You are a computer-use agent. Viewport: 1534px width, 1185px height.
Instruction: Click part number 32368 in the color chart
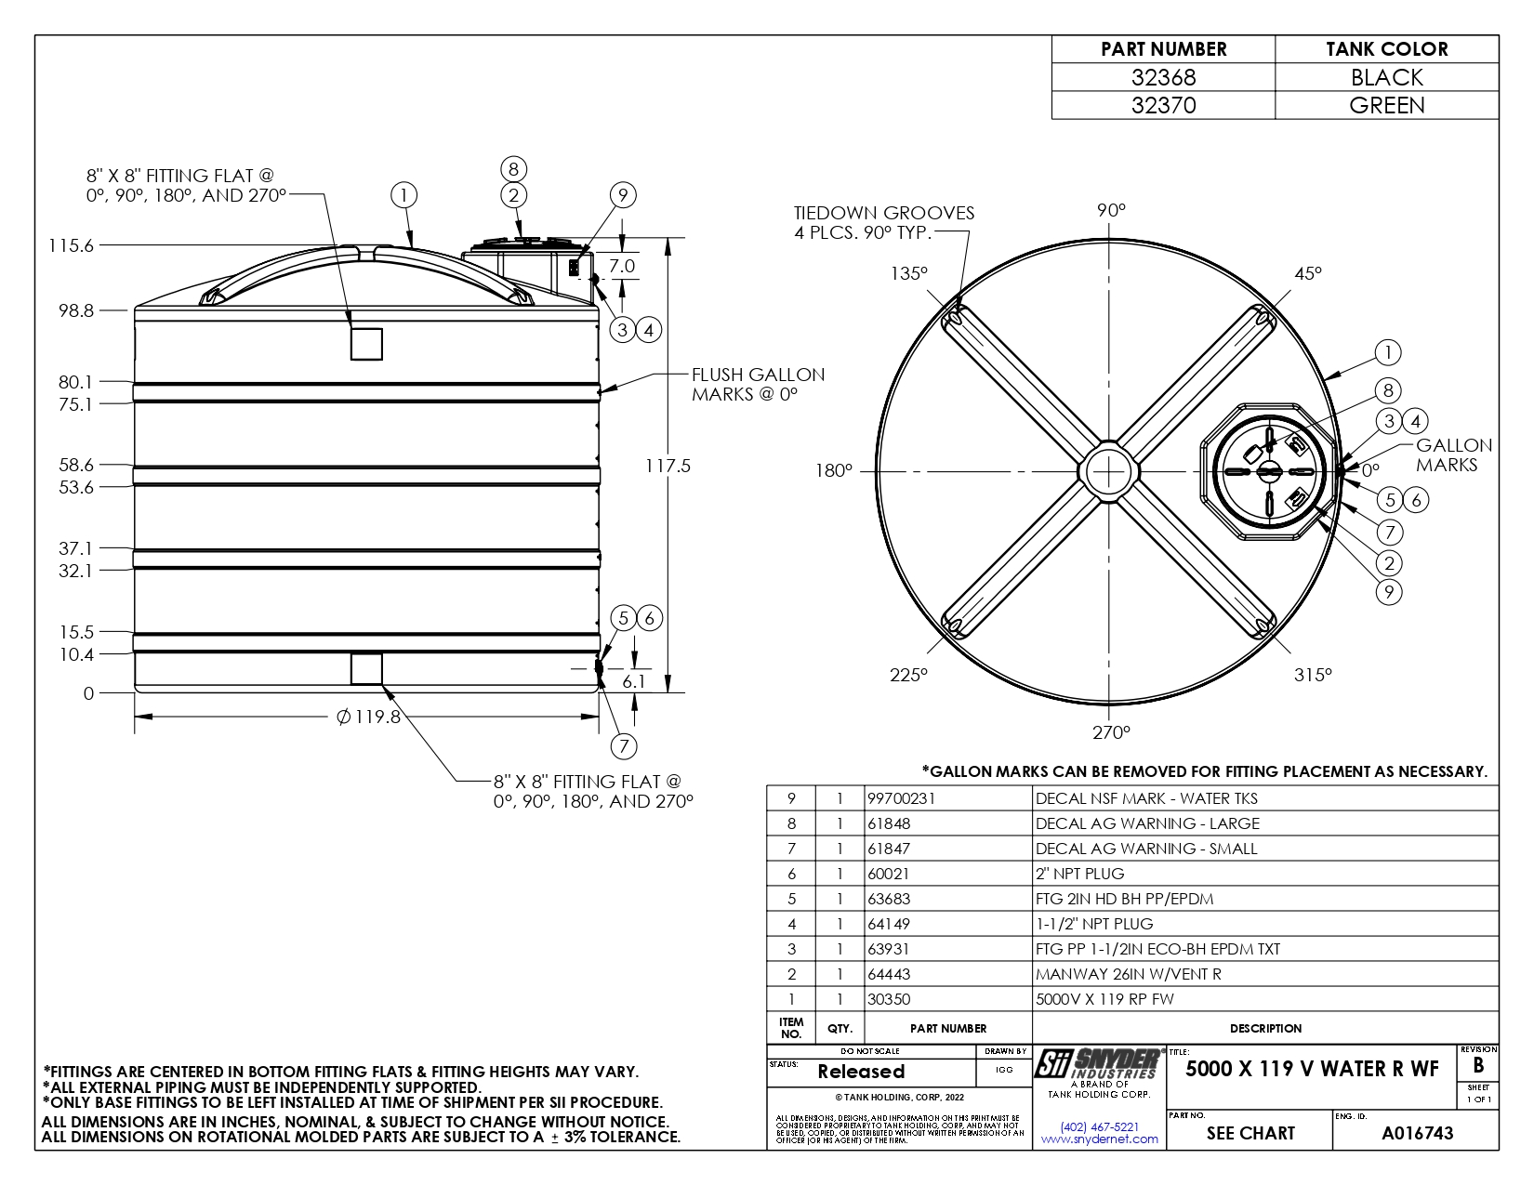pyautogui.click(x=1163, y=77)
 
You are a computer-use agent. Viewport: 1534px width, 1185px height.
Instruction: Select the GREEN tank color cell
pyautogui.click(x=1386, y=105)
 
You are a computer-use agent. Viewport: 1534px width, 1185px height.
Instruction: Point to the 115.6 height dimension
pyautogui.click(x=71, y=245)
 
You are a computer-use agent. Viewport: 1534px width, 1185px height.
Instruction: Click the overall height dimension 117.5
pyautogui.click(x=668, y=466)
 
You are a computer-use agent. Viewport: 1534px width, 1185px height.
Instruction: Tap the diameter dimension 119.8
pyautogui.click(x=367, y=717)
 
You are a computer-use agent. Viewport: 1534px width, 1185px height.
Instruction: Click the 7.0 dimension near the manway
pyautogui.click(x=622, y=266)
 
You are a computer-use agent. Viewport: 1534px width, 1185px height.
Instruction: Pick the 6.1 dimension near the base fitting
pyautogui.click(x=634, y=681)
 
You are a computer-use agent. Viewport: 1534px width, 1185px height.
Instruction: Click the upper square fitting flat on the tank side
pyautogui.click(x=366, y=343)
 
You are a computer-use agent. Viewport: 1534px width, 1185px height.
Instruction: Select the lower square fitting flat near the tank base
pyautogui.click(x=366, y=668)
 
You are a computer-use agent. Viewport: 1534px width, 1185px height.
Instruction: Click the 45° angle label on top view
pyautogui.click(x=1307, y=273)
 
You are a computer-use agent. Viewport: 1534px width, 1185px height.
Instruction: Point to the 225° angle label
pyautogui.click(x=908, y=675)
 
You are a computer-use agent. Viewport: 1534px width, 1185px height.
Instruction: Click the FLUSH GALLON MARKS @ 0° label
pyautogui.click(x=757, y=384)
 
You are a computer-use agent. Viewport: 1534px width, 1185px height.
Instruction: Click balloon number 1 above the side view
pyautogui.click(x=403, y=195)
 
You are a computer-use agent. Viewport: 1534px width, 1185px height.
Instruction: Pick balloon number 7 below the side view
pyautogui.click(x=623, y=745)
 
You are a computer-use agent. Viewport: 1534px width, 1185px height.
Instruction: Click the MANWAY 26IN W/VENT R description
pyautogui.click(x=1128, y=974)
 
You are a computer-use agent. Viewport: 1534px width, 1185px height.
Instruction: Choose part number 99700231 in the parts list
pyautogui.click(x=901, y=798)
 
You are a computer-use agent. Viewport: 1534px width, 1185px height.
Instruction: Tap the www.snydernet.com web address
pyautogui.click(x=1099, y=1139)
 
